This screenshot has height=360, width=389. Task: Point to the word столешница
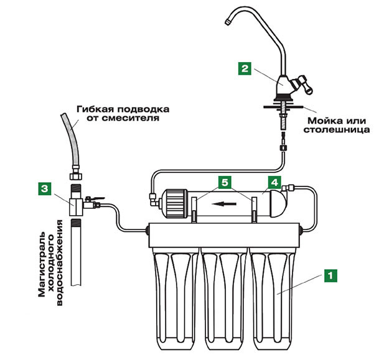[x=337, y=131]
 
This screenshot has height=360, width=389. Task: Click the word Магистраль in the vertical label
[x=42, y=265]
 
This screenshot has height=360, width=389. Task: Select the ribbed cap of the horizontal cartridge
[x=176, y=203]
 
